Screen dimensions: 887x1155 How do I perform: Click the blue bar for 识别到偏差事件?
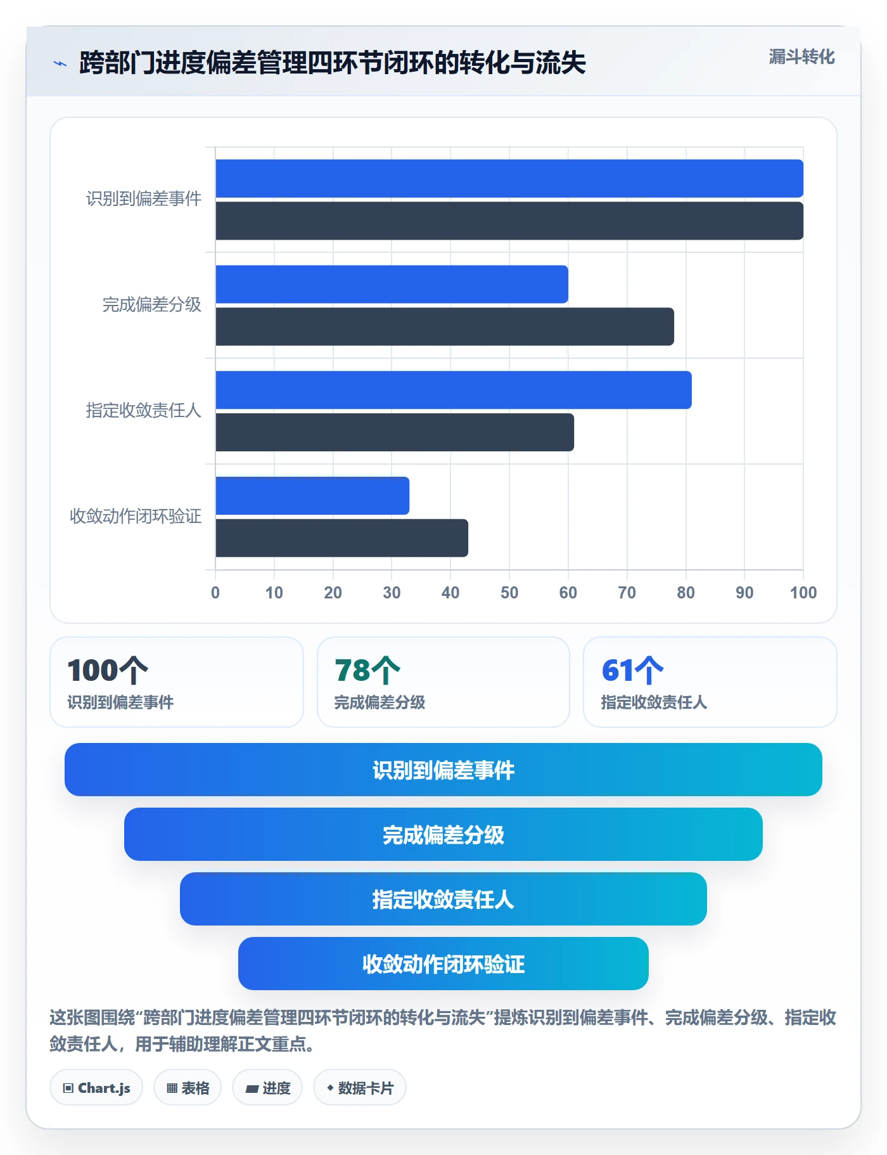point(509,178)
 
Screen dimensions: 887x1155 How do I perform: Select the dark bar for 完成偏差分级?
point(445,326)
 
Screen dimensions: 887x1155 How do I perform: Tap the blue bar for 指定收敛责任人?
point(454,390)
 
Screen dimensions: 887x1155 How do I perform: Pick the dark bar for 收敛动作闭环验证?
point(342,538)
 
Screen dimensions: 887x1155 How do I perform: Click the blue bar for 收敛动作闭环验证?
point(312,496)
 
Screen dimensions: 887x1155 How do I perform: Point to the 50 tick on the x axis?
point(509,593)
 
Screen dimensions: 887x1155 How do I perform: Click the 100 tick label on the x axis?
point(803,593)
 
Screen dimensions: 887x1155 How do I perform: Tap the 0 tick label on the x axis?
point(215,593)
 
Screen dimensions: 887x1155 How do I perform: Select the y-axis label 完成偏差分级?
point(152,305)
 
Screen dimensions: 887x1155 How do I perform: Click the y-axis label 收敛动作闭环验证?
point(136,517)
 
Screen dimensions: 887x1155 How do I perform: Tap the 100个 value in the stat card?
point(108,670)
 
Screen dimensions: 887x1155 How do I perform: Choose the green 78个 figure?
point(367,670)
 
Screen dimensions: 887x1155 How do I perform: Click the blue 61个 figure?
point(633,670)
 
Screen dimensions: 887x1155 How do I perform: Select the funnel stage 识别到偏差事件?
point(443,770)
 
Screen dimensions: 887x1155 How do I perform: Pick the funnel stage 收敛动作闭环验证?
point(443,964)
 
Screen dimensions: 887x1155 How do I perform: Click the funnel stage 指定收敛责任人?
point(443,899)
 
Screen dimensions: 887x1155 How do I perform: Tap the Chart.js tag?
point(96,1088)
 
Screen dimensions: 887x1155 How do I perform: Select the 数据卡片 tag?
point(360,1088)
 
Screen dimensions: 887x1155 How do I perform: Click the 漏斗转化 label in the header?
point(802,57)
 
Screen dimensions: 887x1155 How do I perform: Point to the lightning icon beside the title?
point(60,63)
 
